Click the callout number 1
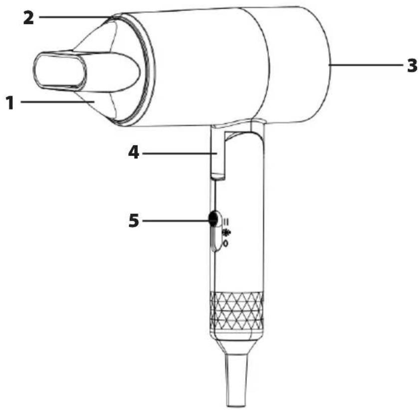[x=10, y=103]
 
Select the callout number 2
[x=28, y=18]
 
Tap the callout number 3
[x=412, y=65]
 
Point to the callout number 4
[x=134, y=153]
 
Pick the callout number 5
[x=134, y=221]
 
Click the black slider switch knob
[x=213, y=218]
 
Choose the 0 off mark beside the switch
[x=226, y=244]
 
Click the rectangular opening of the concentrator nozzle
[x=60, y=70]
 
